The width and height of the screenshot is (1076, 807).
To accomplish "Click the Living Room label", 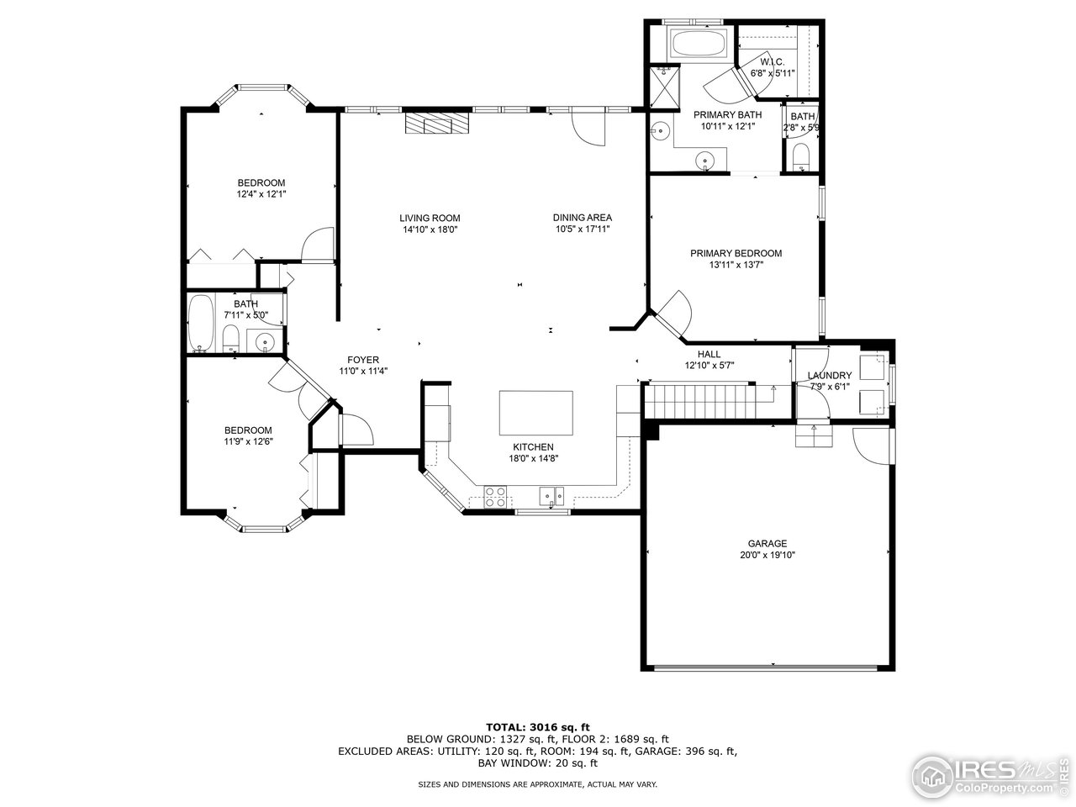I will coord(430,218).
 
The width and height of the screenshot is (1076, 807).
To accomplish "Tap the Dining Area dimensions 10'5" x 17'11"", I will coord(582,229).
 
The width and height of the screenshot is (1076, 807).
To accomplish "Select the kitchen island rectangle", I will coord(536,411).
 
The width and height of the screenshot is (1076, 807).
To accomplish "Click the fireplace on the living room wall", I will coord(437,124).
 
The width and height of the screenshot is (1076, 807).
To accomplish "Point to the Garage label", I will coord(767,543).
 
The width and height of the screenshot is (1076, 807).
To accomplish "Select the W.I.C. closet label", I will coord(772,62).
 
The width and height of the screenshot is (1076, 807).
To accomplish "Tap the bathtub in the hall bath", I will coord(201,323).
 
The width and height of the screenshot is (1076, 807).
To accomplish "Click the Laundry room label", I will coord(830,376).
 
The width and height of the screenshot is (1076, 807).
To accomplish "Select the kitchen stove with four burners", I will coord(495,497).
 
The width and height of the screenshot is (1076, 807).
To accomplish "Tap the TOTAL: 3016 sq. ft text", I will coord(538,726).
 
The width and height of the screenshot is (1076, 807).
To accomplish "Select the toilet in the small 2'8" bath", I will coord(801,156).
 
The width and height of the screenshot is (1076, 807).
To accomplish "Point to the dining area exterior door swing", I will coord(588,128).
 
